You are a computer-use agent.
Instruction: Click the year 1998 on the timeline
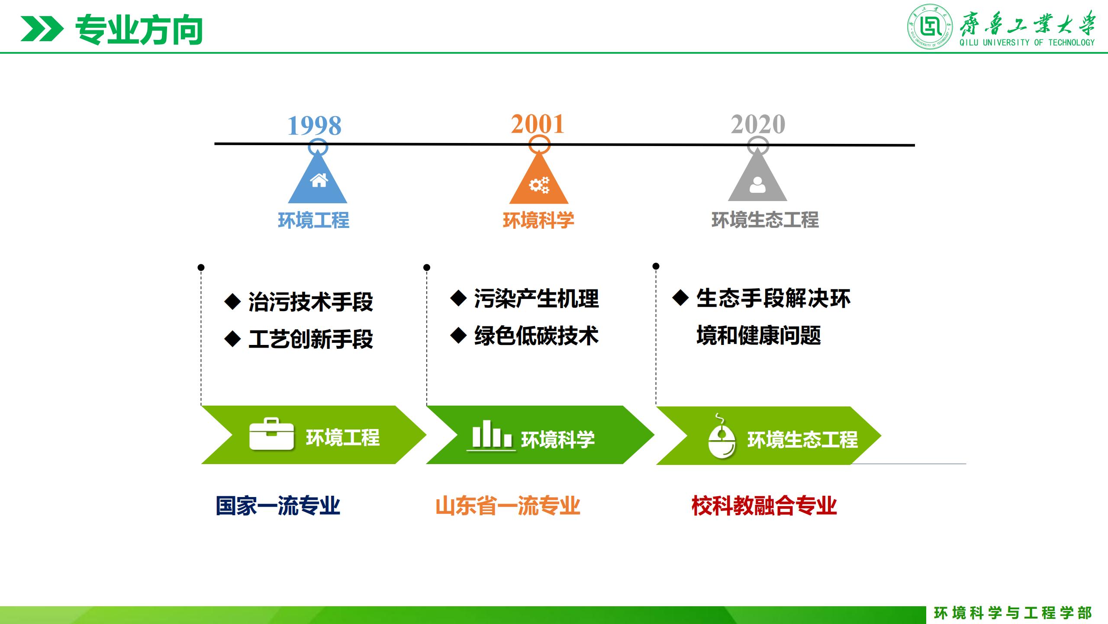[x=315, y=126]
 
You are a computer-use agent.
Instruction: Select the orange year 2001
[x=538, y=124]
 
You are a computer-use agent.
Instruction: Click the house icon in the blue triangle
[x=319, y=180]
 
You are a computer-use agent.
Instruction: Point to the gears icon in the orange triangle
[x=539, y=185]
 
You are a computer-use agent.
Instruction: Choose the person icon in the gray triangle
[x=757, y=185]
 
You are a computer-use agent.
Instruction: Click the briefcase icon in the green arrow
[x=271, y=434]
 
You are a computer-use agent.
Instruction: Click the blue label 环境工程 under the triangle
[x=314, y=220]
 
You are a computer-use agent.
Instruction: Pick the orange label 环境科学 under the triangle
[x=538, y=220]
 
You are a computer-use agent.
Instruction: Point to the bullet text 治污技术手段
[x=311, y=302]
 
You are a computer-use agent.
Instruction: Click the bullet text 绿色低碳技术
[x=536, y=336]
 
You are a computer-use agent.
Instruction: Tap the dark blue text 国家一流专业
[x=278, y=506]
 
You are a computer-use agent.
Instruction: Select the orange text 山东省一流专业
[x=508, y=506]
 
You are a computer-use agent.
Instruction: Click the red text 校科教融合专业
[x=764, y=506]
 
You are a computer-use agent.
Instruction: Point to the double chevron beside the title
[x=42, y=29]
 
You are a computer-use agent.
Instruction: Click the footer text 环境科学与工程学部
[x=1013, y=613]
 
